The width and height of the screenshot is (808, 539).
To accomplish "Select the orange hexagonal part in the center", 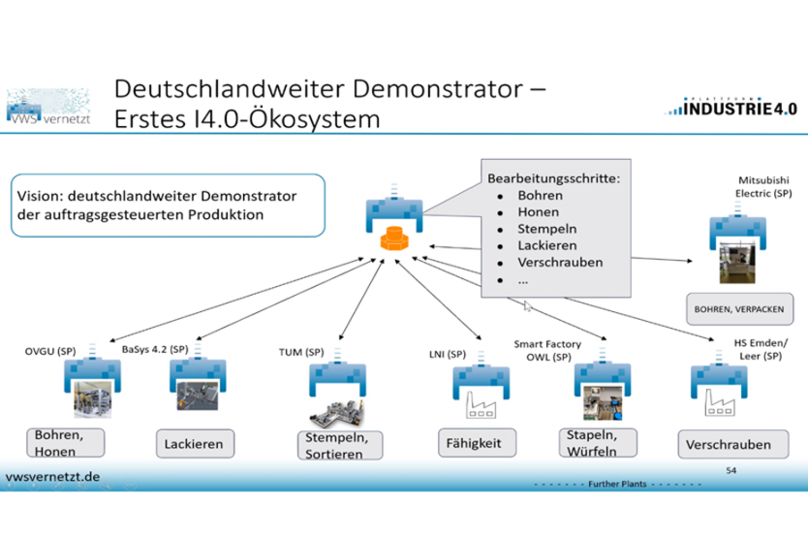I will coord(393,238).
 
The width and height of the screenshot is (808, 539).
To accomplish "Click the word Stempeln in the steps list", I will coord(546,230).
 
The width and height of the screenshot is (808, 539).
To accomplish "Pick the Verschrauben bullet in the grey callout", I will coord(560,262).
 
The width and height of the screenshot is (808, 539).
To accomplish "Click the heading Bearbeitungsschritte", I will coord(552,179).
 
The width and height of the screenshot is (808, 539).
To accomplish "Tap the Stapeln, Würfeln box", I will coord(599,441).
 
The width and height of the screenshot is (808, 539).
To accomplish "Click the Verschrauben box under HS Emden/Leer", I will coord(729,445).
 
